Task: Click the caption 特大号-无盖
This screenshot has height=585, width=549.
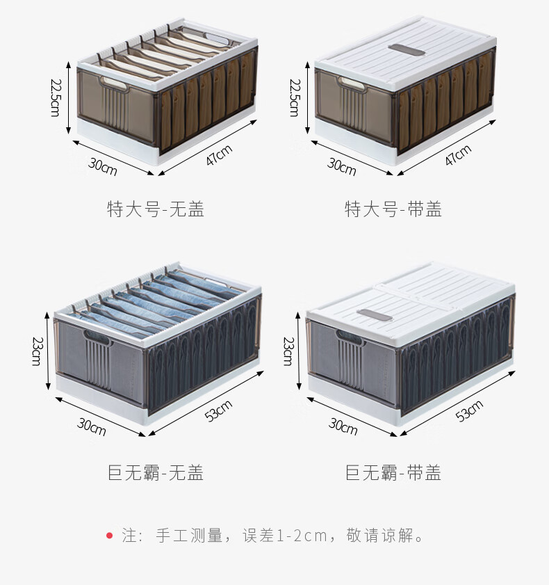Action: (156, 209)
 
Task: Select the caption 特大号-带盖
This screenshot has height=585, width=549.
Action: (393, 209)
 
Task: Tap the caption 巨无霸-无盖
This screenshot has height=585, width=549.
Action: (156, 474)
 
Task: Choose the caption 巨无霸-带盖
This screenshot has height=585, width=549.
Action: (393, 474)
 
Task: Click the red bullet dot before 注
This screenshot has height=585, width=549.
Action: (109, 536)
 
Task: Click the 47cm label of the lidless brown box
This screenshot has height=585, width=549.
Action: (219, 154)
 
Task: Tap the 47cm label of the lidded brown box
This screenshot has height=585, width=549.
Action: (459, 155)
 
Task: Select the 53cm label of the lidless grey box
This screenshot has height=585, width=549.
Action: (219, 411)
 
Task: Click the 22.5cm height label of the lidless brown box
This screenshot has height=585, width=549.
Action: (55, 97)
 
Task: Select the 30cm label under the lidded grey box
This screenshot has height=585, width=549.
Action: (343, 426)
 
